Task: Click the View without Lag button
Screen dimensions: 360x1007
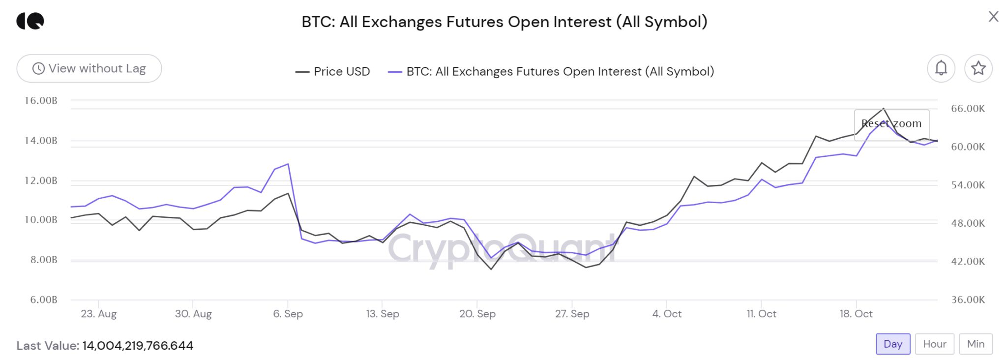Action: (89, 68)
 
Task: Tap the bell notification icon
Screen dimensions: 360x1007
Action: (941, 68)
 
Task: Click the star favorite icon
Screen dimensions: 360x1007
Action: (978, 68)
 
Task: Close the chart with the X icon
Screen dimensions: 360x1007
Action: (993, 17)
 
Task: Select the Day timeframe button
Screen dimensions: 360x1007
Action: (892, 344)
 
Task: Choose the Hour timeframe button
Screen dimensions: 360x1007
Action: (934, 344)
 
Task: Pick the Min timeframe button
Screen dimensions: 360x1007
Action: (976, 344)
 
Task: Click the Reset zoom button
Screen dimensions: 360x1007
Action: (891, 124)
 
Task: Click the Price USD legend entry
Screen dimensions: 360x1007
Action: (332, 72)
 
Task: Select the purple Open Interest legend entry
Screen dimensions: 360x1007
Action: (551, 72)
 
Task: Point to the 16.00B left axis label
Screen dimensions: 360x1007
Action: (41, 101)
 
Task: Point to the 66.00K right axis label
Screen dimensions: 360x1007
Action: (968, 109)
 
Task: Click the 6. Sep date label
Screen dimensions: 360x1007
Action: (288, 314)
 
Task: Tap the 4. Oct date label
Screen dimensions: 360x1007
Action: (667, 314)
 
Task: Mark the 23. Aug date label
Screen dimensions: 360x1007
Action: (98, 314)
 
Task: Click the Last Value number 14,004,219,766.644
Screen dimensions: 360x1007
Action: (138, 346)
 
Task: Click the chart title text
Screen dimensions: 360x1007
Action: (504, 22)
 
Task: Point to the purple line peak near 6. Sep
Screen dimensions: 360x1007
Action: (288, 164)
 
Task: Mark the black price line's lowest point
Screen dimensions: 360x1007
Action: (491, 269)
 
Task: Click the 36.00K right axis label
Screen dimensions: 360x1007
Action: (968, 300)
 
